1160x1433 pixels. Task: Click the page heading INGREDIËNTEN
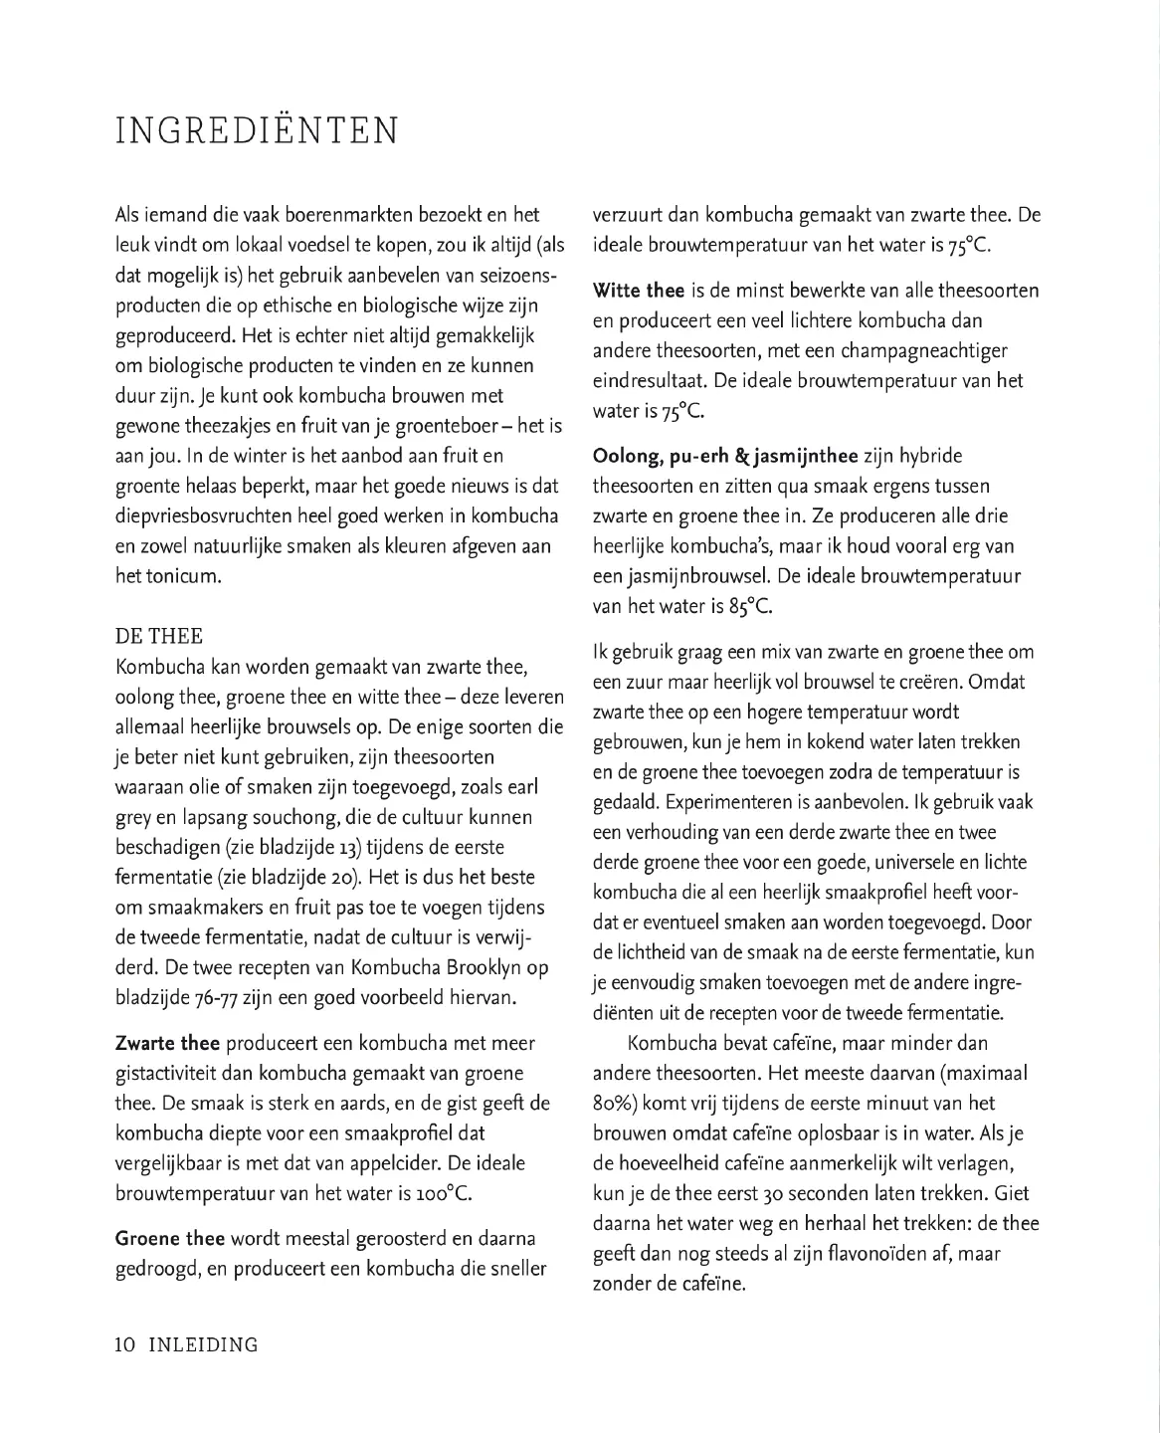(x=257, y=131)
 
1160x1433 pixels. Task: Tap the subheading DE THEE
(x=159, y=637)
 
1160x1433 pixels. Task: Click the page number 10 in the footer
(x=125, y=1345)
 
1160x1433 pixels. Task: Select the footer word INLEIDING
(x=203, y=1345)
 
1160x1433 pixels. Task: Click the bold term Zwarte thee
(x=168, y=1044)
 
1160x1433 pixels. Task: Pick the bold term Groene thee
(x=170, y=1239)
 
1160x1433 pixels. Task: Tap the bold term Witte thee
(x=638, y=291)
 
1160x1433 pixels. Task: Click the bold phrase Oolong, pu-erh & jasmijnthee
(x=725, y=457)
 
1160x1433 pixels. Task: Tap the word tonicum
(x=182, y=577)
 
